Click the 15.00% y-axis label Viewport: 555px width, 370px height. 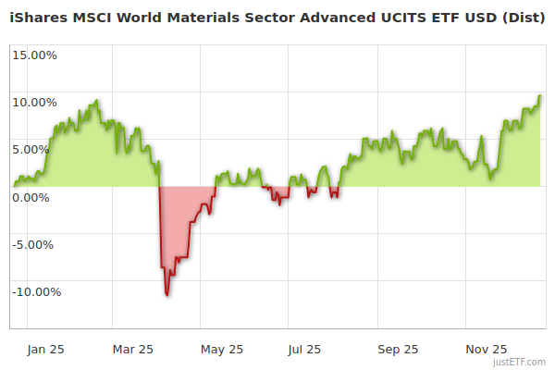(x=34, y=55)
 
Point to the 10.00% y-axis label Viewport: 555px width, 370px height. (x=34, y=102)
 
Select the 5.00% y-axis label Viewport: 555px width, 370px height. (x=37, y=149)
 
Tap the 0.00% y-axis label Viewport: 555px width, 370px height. (x=37, y=197)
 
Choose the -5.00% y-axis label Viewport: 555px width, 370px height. (x=35, y=244)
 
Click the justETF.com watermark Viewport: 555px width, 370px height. (x=519, y=363)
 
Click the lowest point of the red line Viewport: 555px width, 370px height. (x=166, y=295)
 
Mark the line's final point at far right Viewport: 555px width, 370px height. (x=540, y=95)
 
